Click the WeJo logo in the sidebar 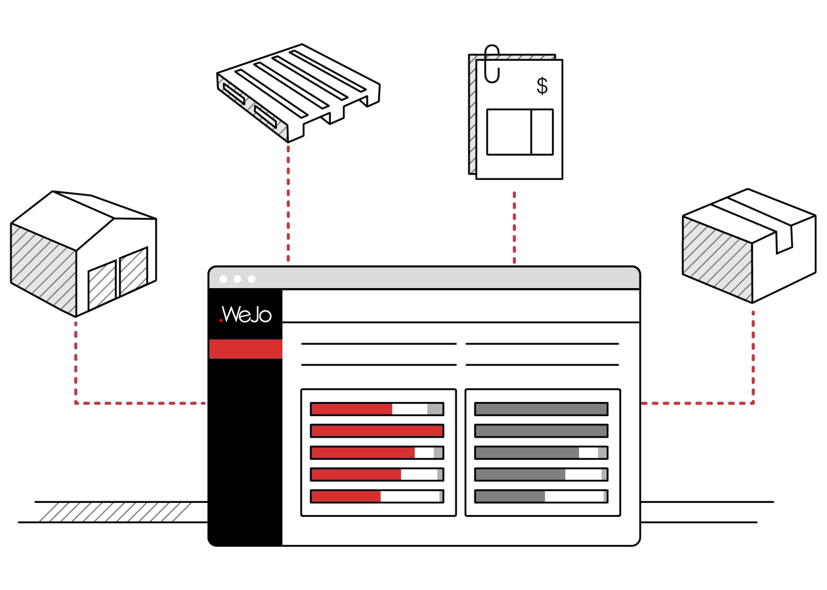coord(246,314)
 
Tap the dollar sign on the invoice coord(542,85)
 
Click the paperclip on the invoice coord(492,64)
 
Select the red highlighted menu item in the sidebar coord(246,349)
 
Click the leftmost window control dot coord(223,279)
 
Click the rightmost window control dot coord(251,279)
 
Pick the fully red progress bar coord(377,431)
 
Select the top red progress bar coord(377,409)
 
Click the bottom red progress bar coord(377,496)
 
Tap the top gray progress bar coord(541,409)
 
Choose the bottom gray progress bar coord(541,496)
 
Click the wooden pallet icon coord(298,93)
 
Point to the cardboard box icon coord(749,246)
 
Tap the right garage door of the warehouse coord(134,271)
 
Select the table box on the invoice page coord(520,132)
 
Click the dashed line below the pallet coord(288,203)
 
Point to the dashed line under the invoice coord(514,228)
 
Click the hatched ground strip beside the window coord(115,512)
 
